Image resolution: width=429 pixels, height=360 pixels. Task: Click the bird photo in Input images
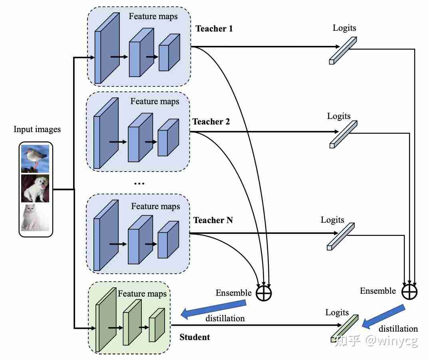tap(35, 158)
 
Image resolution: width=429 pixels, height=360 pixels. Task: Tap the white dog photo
tap(35, 188)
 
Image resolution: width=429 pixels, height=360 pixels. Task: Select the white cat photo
tap(35, 218)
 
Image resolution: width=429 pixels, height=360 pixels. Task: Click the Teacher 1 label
tap(214, 29)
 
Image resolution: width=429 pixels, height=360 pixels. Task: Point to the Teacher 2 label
tap(211, 122)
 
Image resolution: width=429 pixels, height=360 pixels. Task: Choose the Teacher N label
tap(213, 220)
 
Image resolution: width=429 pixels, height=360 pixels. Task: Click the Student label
tap(195, 337)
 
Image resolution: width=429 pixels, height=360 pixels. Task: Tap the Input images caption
tap(37, 129)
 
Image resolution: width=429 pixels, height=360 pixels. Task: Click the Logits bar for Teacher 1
tap(343, 51)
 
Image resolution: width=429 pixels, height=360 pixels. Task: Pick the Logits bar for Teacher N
tap(340, 237)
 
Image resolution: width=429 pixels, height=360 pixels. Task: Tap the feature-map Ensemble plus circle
tap(264, 293)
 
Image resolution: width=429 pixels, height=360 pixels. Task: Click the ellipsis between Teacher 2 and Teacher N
tap(139, 183)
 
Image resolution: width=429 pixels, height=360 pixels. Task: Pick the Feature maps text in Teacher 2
tap(155, 101)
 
